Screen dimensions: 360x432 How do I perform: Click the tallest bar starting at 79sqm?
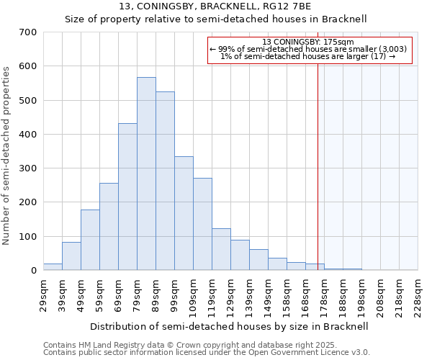[x=146, y=174]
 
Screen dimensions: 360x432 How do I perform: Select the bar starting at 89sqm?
[x=165, y=181]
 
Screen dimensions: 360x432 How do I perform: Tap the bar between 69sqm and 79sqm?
[x=127, y=197]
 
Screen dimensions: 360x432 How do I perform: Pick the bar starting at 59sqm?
[x=109, y=227]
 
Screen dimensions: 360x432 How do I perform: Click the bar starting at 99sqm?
[x=184, y=213]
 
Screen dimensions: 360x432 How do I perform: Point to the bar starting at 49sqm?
[x=90, y=240]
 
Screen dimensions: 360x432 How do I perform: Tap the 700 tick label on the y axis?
[x=28, y=32]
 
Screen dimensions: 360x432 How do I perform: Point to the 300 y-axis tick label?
[x=28, y=168]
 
